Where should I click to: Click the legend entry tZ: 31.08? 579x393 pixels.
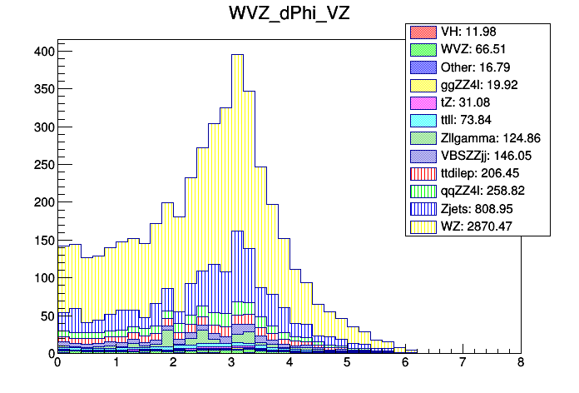tap(478, 102)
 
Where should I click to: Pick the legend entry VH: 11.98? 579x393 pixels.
tap(478, 32)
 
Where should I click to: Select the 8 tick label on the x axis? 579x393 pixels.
tap(521, 364)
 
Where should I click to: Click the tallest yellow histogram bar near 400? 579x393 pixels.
tap(237, 167)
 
